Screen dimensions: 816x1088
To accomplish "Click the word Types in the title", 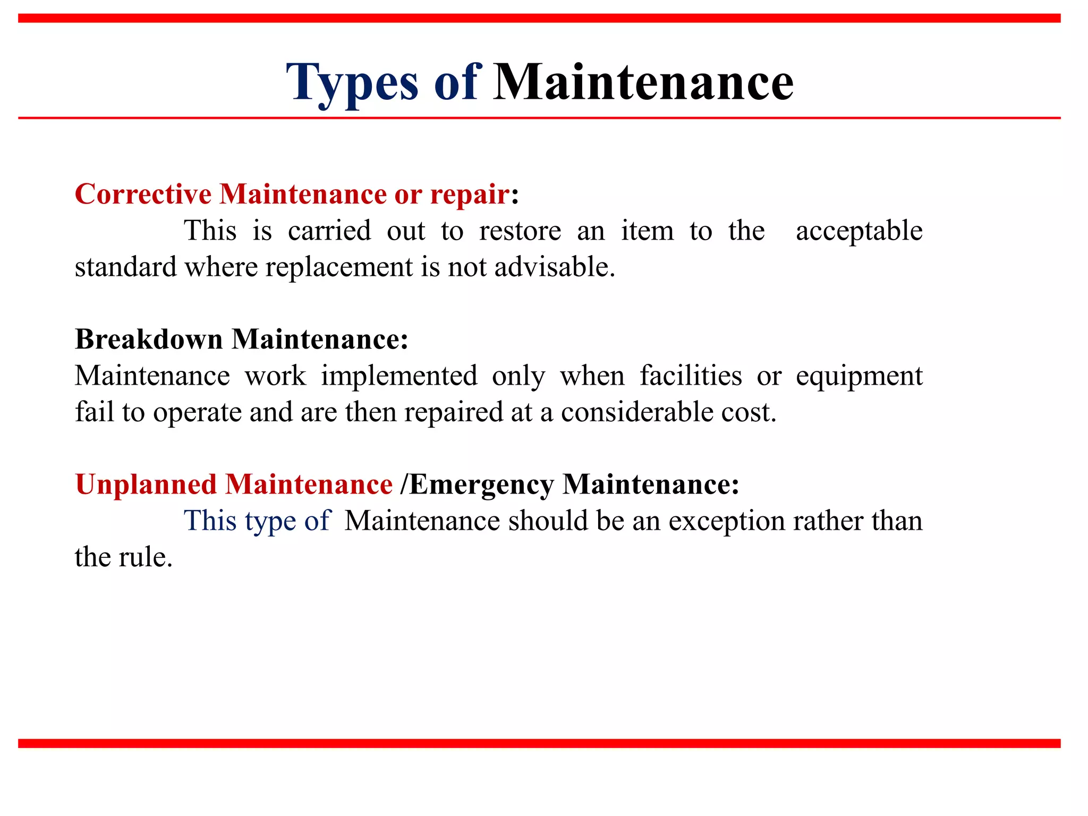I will [x=352, y=82].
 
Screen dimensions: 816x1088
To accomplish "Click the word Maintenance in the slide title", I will [x=643, y=82].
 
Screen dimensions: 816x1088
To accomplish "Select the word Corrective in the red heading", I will [x=143, y=194].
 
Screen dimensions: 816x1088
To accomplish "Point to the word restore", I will [x=520, y=231].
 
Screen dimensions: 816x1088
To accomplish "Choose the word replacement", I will [x=339, y=267].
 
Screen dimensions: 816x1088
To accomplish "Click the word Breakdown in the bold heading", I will [x=149, y=339].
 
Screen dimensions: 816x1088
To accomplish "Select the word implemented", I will [x=399, y=376].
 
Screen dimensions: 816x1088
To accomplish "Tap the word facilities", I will [x=690, y=376].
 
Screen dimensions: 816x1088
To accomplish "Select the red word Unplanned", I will [x=146, y=484].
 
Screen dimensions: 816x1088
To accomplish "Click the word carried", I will [x=329, y=231].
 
